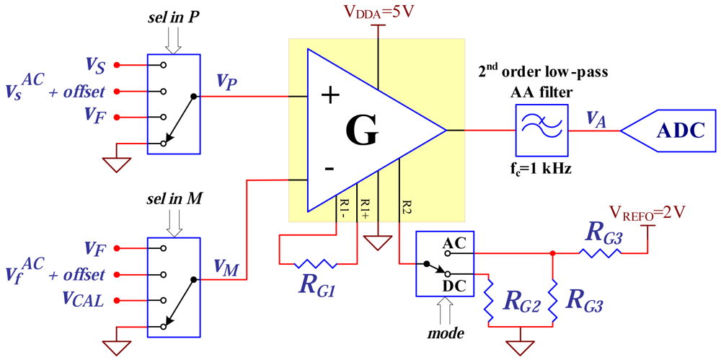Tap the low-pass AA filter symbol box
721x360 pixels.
(541, 130)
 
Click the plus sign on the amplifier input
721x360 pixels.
(329, 96)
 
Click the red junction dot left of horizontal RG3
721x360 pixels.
(552, 253)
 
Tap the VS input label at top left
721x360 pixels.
(95, 66)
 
